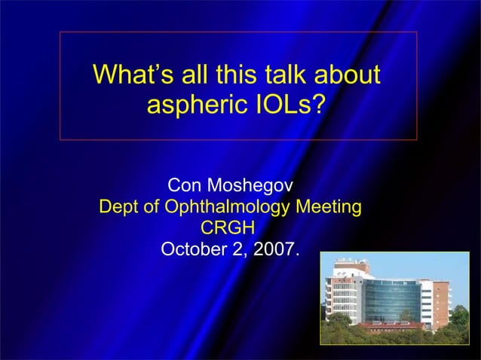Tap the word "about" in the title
348,75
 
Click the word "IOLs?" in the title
291,105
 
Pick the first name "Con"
185,185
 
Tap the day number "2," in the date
240,249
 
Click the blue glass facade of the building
392,298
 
